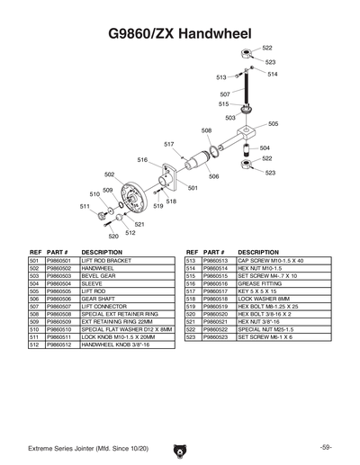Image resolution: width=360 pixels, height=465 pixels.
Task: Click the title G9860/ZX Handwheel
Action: pyautogui.click(x=180, y=33)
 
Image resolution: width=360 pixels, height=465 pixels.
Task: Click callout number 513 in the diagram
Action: pyautogui.click(x=221, y=78)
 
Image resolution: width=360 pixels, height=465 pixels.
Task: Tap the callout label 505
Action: pyautogui.click(x=273, y=124)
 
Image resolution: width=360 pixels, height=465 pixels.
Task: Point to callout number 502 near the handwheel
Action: pyautogui.click(x=110, y=174)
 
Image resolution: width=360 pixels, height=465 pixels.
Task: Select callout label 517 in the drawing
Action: pyautogui.click(x=168, y=144)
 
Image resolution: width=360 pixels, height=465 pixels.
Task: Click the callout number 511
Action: pyautogui.click(x=85, y=206)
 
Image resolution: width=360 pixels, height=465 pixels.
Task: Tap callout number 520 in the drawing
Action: pyautogui.click(x=113, y=237)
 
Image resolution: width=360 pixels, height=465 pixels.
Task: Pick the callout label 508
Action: pyautogui.click(x=206, y=130)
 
